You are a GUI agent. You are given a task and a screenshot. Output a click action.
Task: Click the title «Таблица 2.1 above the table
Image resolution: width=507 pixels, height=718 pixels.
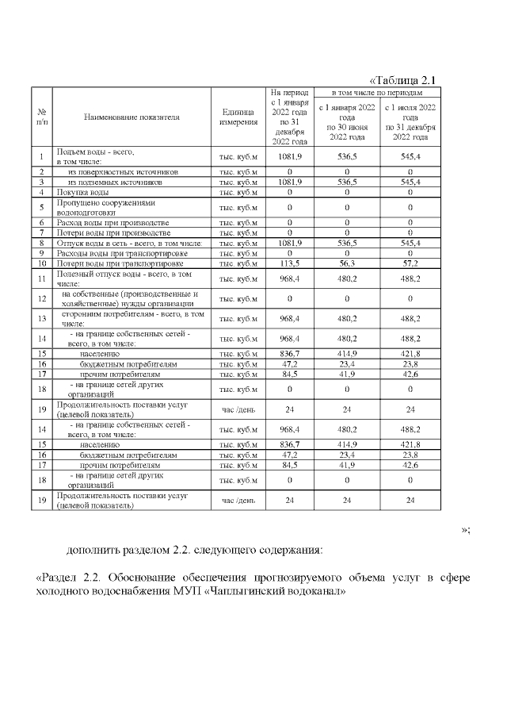click(x=403, y=79)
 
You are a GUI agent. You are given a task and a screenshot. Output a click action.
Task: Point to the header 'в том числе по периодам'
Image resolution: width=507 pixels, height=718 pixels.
click(x=375, y=93)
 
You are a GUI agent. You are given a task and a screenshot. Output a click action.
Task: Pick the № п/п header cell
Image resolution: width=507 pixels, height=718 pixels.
click(x=41, y=117)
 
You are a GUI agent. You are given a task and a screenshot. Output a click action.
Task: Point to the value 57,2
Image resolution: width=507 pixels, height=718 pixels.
click(x=410, y=263)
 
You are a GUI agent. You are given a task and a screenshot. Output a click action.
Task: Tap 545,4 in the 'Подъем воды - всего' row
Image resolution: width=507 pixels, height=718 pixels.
click(x=410, y=156)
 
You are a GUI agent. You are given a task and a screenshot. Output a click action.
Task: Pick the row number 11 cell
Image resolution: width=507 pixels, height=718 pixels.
click(x=41, y=278)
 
